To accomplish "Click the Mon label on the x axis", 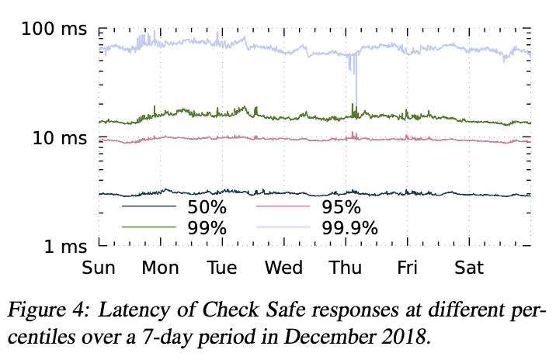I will pos(160,268).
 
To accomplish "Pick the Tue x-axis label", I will pos(222,268).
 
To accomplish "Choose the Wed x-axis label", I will pos(283,268).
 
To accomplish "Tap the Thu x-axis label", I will pos(346,268).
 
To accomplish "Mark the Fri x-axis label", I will pos(407,268).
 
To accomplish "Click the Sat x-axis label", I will pos(469,268).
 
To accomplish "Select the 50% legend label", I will pos(206,208).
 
